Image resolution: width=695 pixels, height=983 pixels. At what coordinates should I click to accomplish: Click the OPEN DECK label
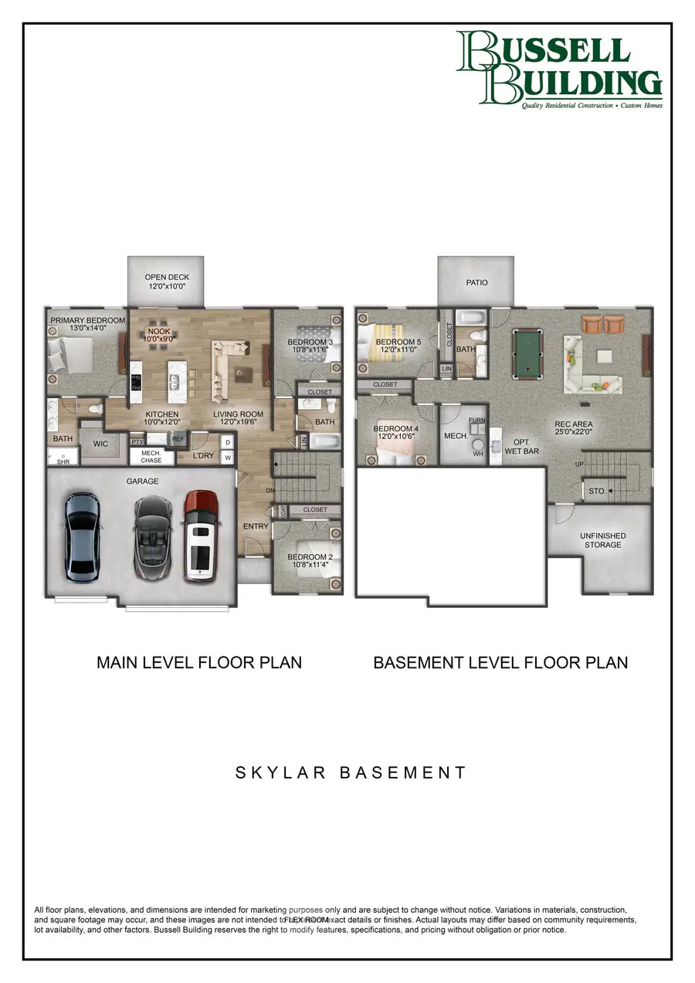(167, 277)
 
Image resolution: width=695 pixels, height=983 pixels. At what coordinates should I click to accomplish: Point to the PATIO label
(476, 282)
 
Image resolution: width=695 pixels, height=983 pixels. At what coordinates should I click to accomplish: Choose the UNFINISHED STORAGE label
(602, 540)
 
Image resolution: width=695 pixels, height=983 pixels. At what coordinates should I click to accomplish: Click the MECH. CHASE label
(151, 456)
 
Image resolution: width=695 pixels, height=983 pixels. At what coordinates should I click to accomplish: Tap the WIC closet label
(100, 444)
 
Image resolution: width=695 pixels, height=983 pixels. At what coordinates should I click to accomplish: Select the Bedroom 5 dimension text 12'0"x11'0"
(396, 349)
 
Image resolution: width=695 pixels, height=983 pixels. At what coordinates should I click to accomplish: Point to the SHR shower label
(63, 462)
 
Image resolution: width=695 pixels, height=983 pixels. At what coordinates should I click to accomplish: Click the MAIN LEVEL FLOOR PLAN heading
(199, 662)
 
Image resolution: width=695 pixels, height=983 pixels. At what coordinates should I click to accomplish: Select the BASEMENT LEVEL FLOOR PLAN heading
(500, 662)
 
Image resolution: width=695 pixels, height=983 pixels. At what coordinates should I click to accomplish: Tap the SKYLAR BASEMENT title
(351, 772)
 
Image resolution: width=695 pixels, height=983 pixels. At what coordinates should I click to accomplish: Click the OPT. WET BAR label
(521, 447)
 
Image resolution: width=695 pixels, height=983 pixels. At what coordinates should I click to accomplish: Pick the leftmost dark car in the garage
(80, 537)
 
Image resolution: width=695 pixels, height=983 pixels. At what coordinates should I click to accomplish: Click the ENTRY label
(256, 527)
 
